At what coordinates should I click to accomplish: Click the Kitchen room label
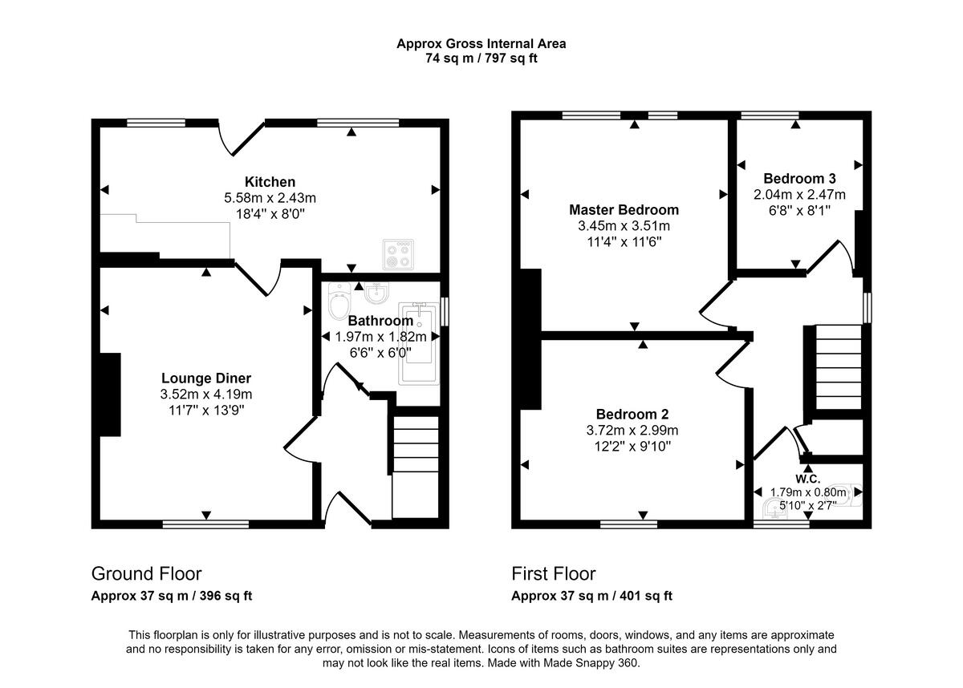pos(270,182)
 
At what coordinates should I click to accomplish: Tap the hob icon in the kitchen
pos(398,254)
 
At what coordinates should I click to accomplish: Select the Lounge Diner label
pos(206,378)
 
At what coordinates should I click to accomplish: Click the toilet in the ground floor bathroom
pos(339,301)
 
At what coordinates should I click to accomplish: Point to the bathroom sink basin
pos(376,293)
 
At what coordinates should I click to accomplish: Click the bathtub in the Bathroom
pos(419,343)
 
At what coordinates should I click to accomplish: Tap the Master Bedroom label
pos(624,209)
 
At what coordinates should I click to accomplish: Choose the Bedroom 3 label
pos(799,178)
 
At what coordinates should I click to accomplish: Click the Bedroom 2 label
pos(632,414)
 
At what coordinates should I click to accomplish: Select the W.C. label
pos(808,479)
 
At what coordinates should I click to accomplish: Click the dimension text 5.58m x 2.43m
pos(270,197)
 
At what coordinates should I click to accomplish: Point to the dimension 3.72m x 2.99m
pos(632,430)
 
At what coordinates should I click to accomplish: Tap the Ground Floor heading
pos(146,574)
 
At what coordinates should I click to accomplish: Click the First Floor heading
pos(553,574)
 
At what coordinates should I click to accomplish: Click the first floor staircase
pos(839,367)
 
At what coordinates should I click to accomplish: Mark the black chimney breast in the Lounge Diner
pos(110,395)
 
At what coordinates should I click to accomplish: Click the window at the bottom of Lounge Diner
pos(206,524)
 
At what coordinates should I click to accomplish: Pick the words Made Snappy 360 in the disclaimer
pos(590,663)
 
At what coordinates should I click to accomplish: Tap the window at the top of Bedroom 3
pos(770,115)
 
